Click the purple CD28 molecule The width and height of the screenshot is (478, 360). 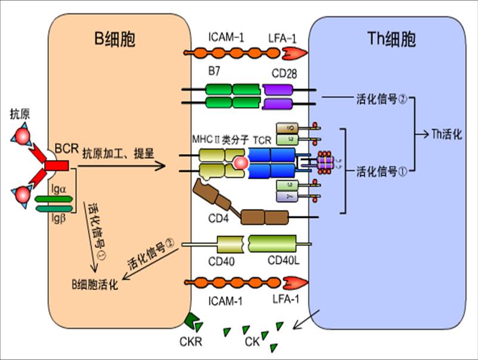pyautogui.click(x=276, y=97)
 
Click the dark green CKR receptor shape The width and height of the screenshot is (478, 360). pyautogui.click(x=194, y=322)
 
